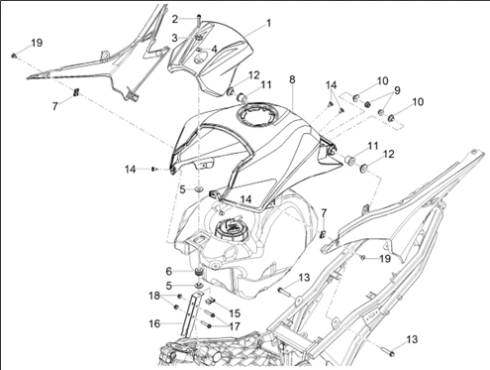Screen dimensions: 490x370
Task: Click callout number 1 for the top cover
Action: point(269,24)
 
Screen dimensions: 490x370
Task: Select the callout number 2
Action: point(175,19)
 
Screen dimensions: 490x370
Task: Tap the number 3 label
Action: point(174,38)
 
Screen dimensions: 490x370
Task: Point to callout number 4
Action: point(214,50)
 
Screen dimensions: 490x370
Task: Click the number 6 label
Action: point(168,272)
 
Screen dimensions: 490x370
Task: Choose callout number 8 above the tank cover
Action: point(292,80)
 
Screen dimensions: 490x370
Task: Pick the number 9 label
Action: point(397,90)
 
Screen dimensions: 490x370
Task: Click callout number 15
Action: point(235,313)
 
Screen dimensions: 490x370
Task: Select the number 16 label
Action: point(154,323)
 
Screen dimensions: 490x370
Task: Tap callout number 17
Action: point(235,326)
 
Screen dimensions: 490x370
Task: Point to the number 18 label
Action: point(154,296)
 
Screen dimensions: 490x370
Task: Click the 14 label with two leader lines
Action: point(331,85)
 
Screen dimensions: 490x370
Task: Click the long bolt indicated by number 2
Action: point(198,23)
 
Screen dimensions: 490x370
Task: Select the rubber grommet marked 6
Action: point(199,273)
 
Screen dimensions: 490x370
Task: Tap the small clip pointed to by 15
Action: point(210,301)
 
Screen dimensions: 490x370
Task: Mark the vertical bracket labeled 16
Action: point(192,314)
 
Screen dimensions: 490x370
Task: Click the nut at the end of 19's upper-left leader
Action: point(14,56)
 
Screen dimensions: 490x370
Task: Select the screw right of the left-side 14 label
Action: point(153,170)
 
